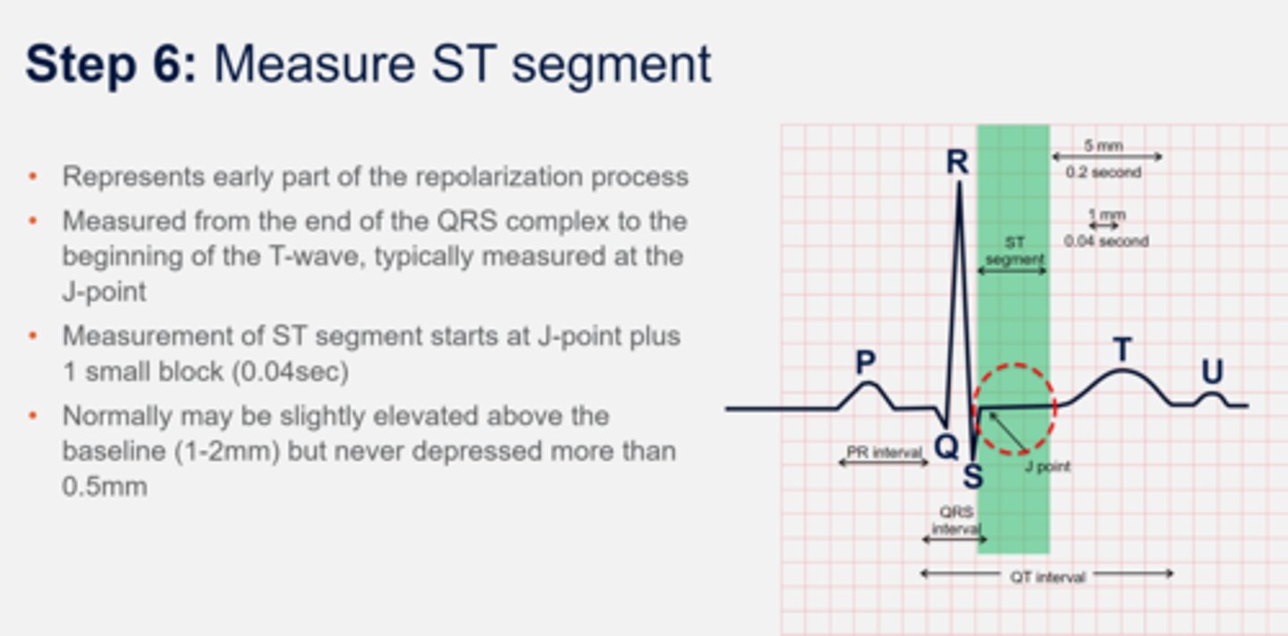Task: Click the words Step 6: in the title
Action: pyautogui.click(x=110, y=64)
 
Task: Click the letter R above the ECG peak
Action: pyautogui.click(x=957, y=163)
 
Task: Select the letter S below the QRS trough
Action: pyautogui.click(x=972, y=477)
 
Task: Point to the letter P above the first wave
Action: pyautogui.click(x=865, y=362)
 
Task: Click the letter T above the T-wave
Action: pyautogui.click(x=1122, y=351)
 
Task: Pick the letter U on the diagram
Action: pyautogui.click(x=1212, y=373)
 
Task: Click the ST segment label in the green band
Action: pyautogui.click(x=1013, y=251)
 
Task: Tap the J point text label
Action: pyautogui.click(x=1047, y=466)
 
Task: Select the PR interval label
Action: pyautogui.click(x=883, y=454)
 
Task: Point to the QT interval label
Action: pyautogui.click(x=1046, y=578)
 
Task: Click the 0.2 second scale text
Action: pyautogui.click(x=1103, y=172)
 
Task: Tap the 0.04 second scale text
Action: pyautogui.click(x=1106, y=241)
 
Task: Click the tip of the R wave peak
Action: pyautogui.click(x=959, y=184)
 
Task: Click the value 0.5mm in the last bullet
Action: pyautogui.click(x=105, y=488)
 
